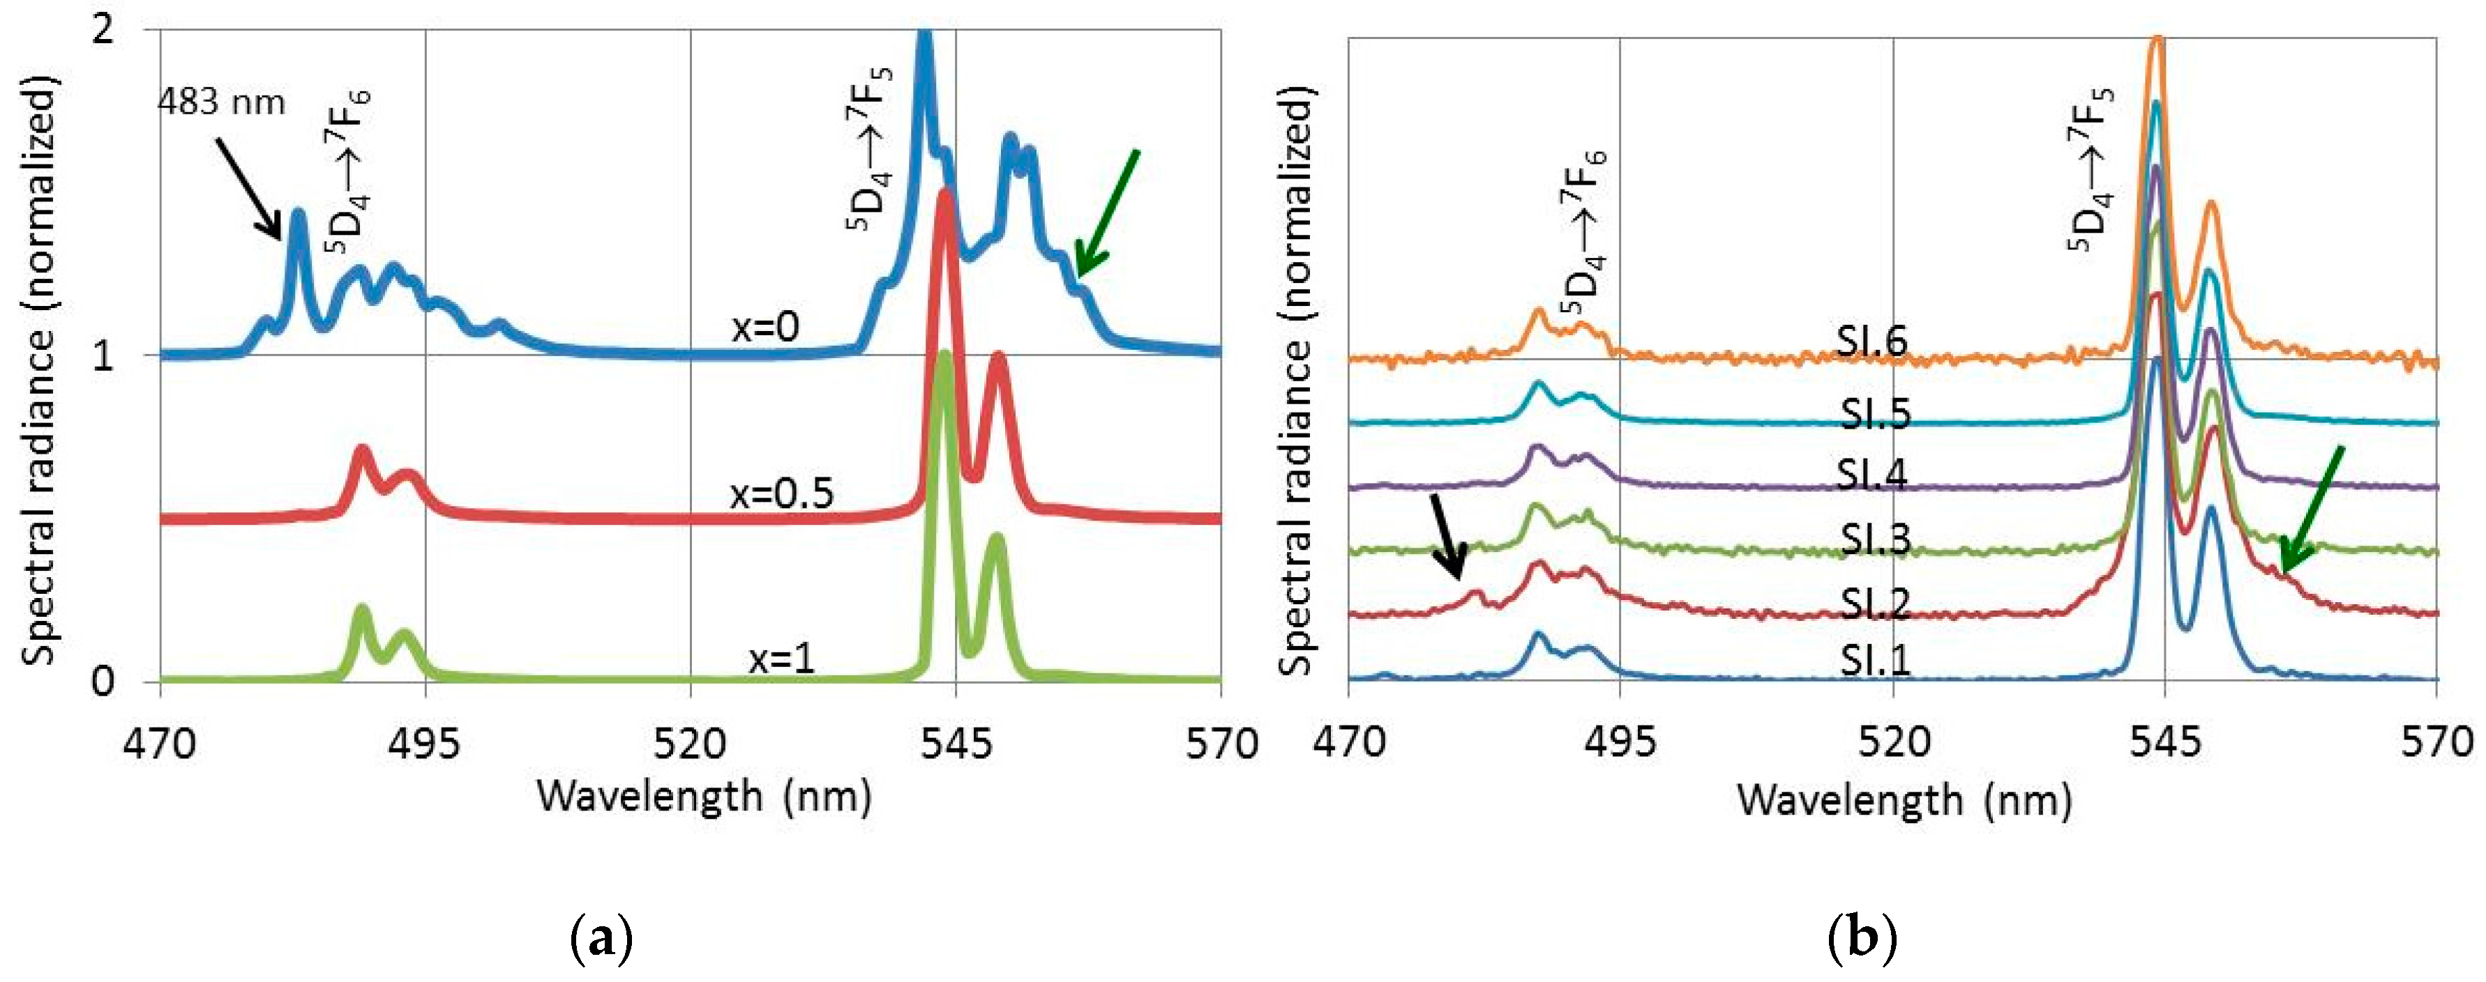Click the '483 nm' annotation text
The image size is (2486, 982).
(221, 102)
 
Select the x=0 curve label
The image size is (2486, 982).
(765, 328)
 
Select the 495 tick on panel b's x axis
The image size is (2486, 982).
(1620, 743)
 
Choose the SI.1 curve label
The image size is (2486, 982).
(1874, 661)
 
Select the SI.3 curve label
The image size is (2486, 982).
(1874, 539)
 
